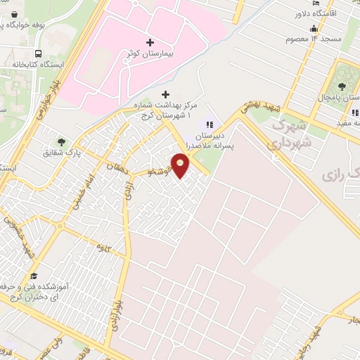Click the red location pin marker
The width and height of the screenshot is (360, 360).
click(181, 165)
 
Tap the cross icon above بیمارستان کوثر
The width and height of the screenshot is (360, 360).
click(150, 42)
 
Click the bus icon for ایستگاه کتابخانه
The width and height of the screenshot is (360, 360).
click(37, 53)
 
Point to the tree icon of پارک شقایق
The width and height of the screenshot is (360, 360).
click(61, 141)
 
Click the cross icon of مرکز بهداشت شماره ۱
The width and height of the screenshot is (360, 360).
click(165, 94)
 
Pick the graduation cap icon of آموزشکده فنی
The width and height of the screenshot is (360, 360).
click(33, 276)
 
